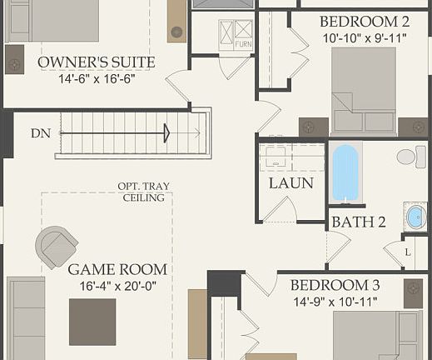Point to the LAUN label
[x=290, y=183]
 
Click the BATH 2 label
[x=359, y=222]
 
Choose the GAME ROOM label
[x=117, y=269]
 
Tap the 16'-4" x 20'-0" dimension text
[x=117, y=286]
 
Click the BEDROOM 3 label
[x=335, y=285]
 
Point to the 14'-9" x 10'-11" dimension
[x=335, y=301]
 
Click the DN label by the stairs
[x=40, y=133]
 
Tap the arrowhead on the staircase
[x=166, y=132]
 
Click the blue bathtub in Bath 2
[x=346, y=172]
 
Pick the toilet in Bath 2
[x=407, y=157]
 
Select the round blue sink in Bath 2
[x=415, y=217]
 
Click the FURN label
[x=242, y=43]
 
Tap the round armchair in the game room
[x=57, y=247]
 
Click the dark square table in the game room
[x=92, y=321]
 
